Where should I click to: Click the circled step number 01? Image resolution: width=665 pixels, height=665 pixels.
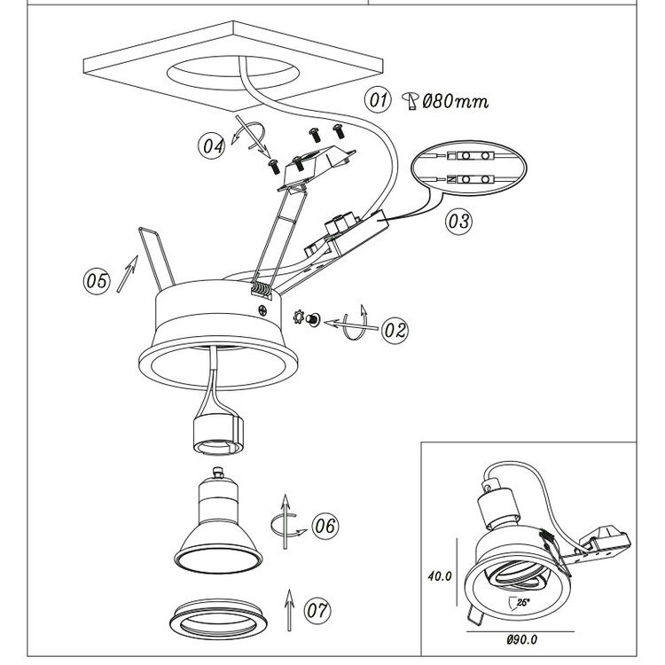(378, 100)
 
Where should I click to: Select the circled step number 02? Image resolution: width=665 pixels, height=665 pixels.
(395, 330)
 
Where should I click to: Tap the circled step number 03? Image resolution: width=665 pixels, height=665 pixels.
(458, 221)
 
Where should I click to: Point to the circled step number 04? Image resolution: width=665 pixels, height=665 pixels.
(212, 145)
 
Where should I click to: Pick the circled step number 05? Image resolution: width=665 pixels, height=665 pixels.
(97, 281)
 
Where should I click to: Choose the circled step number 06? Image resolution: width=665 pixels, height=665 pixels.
(325, 526)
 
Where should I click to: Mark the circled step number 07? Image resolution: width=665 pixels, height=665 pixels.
(317, 610)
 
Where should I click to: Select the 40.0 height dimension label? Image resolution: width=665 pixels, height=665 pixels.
(440, 576)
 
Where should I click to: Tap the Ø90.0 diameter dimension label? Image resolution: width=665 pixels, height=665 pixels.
(522, 639)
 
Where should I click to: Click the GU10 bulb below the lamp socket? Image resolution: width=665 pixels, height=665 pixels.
(218, 520)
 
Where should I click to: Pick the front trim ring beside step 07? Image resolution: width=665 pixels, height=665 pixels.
(218, 619)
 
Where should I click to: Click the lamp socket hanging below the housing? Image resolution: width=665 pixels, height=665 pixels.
(218, 434)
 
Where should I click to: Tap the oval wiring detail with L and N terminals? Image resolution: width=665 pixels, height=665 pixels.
(469, 168)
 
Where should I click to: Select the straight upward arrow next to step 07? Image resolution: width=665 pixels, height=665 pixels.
(289, 610)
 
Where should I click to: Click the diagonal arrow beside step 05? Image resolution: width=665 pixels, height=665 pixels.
(127, 274)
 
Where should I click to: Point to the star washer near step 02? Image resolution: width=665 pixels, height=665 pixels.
(299, 317)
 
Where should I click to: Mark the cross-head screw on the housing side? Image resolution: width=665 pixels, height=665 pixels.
(263, 310)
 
